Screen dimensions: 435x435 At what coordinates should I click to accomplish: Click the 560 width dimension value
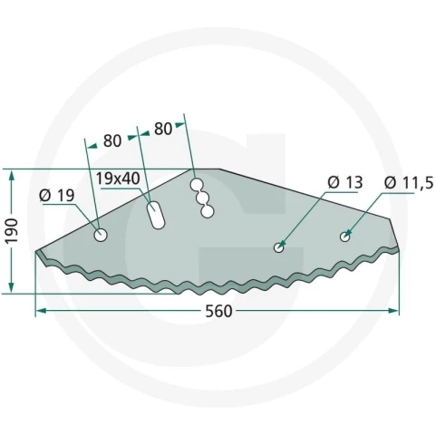coord(218,311)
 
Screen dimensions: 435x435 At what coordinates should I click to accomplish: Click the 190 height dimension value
coord(13,231)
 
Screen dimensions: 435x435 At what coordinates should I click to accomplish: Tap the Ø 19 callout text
coord(57,196)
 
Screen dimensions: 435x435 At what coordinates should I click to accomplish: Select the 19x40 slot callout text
coord(118,179)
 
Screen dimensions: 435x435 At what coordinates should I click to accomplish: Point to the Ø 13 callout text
coord(345,182)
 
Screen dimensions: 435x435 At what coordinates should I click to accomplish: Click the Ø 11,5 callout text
coord(409,183)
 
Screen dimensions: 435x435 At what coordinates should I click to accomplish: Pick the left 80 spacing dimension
coord(112,141)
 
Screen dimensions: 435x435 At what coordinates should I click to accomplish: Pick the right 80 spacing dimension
coord(163,129)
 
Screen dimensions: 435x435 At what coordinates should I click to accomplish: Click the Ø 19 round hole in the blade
coord(101,235)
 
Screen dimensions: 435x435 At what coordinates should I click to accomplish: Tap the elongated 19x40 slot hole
coord(156,215)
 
